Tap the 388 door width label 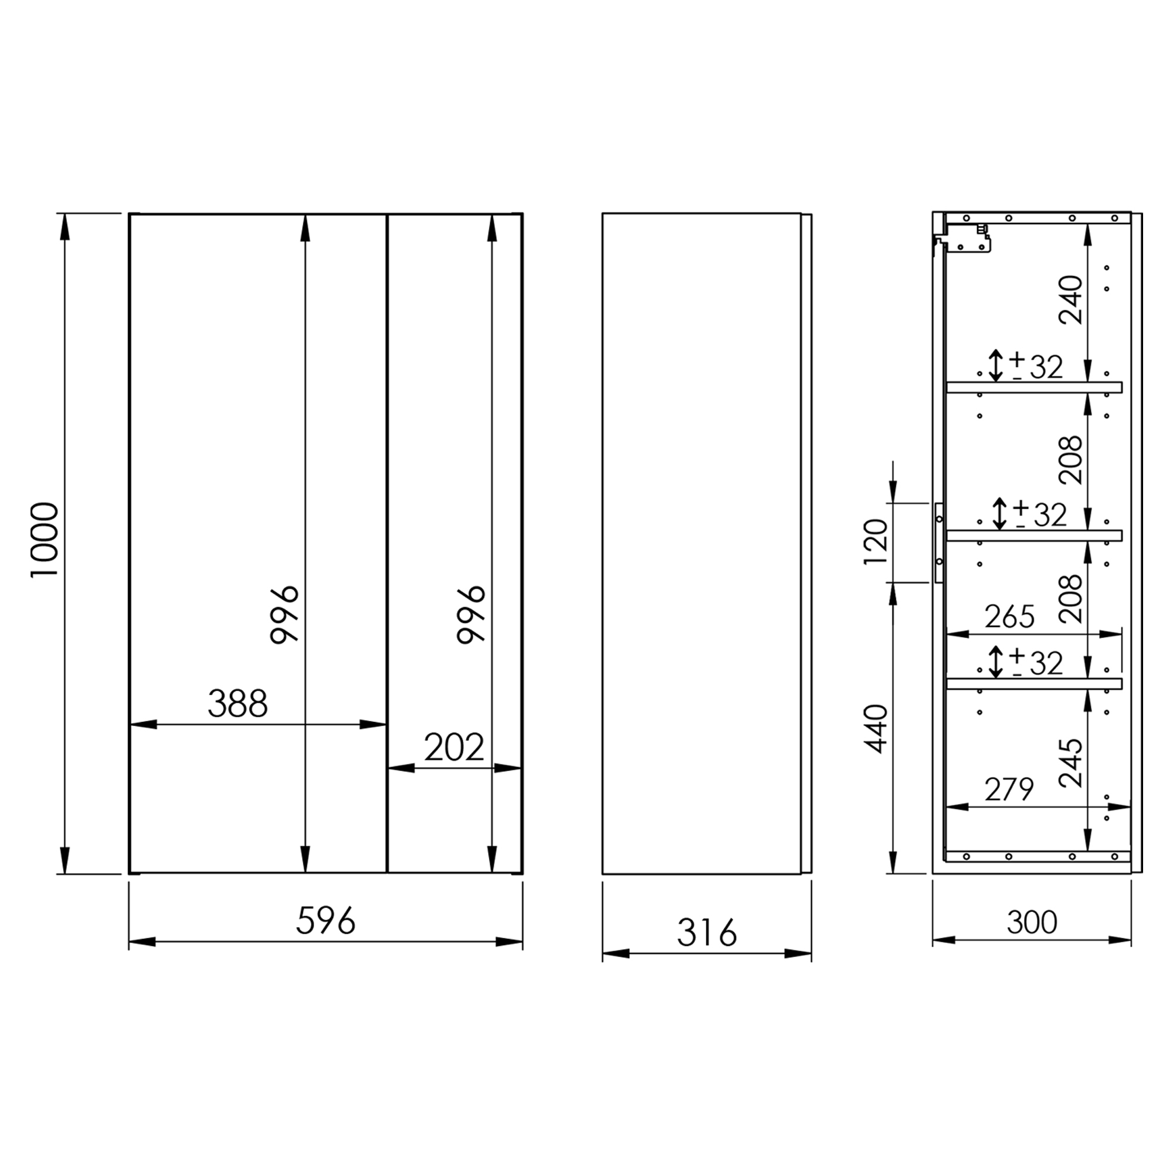tap(238, 704)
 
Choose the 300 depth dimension tap(1032, 922)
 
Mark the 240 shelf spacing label tap(1070, 300)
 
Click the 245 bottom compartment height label tap(1070, 762)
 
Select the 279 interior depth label tap(1009, 789)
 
